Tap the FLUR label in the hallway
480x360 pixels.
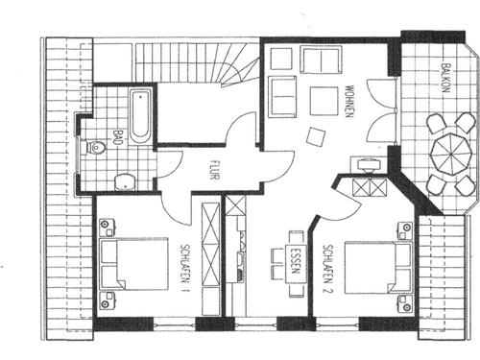click(214, 169)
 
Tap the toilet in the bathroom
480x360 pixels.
click(97, 149)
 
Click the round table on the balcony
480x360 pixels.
click(446, 152)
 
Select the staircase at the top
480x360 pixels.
click(197, 63)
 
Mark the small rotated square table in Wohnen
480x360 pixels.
click(314, 136)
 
